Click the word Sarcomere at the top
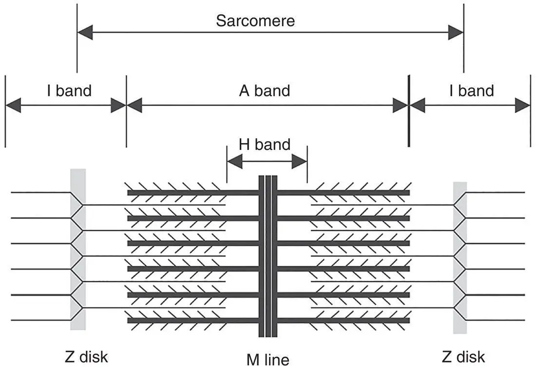[255, 21]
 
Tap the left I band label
[69, 91]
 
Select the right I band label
[472, 91]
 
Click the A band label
[265, 91]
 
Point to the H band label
[265, 144]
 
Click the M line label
[268, 360]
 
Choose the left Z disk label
[86, 357]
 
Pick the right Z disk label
[463, 357]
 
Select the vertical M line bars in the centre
[268, 256]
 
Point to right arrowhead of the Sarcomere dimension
[456, 33]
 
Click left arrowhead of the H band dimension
[234, 162]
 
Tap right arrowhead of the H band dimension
[300, 162]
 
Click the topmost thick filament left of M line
[192, 193]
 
